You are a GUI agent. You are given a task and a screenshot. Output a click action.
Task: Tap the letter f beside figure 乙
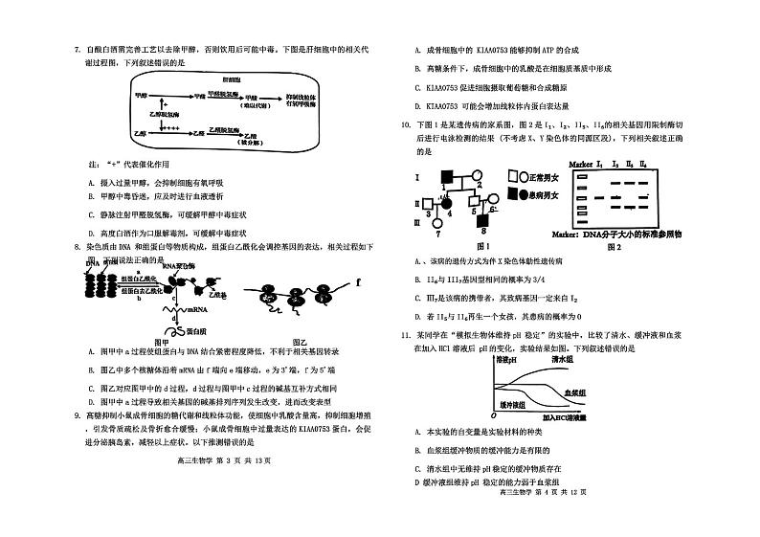click(x=357, y=282)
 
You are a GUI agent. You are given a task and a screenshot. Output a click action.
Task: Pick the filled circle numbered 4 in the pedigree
click(x=446, y=202)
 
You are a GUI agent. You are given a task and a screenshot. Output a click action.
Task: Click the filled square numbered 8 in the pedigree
click(x=484, y=221)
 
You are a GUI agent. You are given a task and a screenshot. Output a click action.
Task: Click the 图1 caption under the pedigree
click(x=470, y=246)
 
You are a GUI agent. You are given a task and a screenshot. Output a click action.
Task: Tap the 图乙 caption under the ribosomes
click(x=298, y=342)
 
